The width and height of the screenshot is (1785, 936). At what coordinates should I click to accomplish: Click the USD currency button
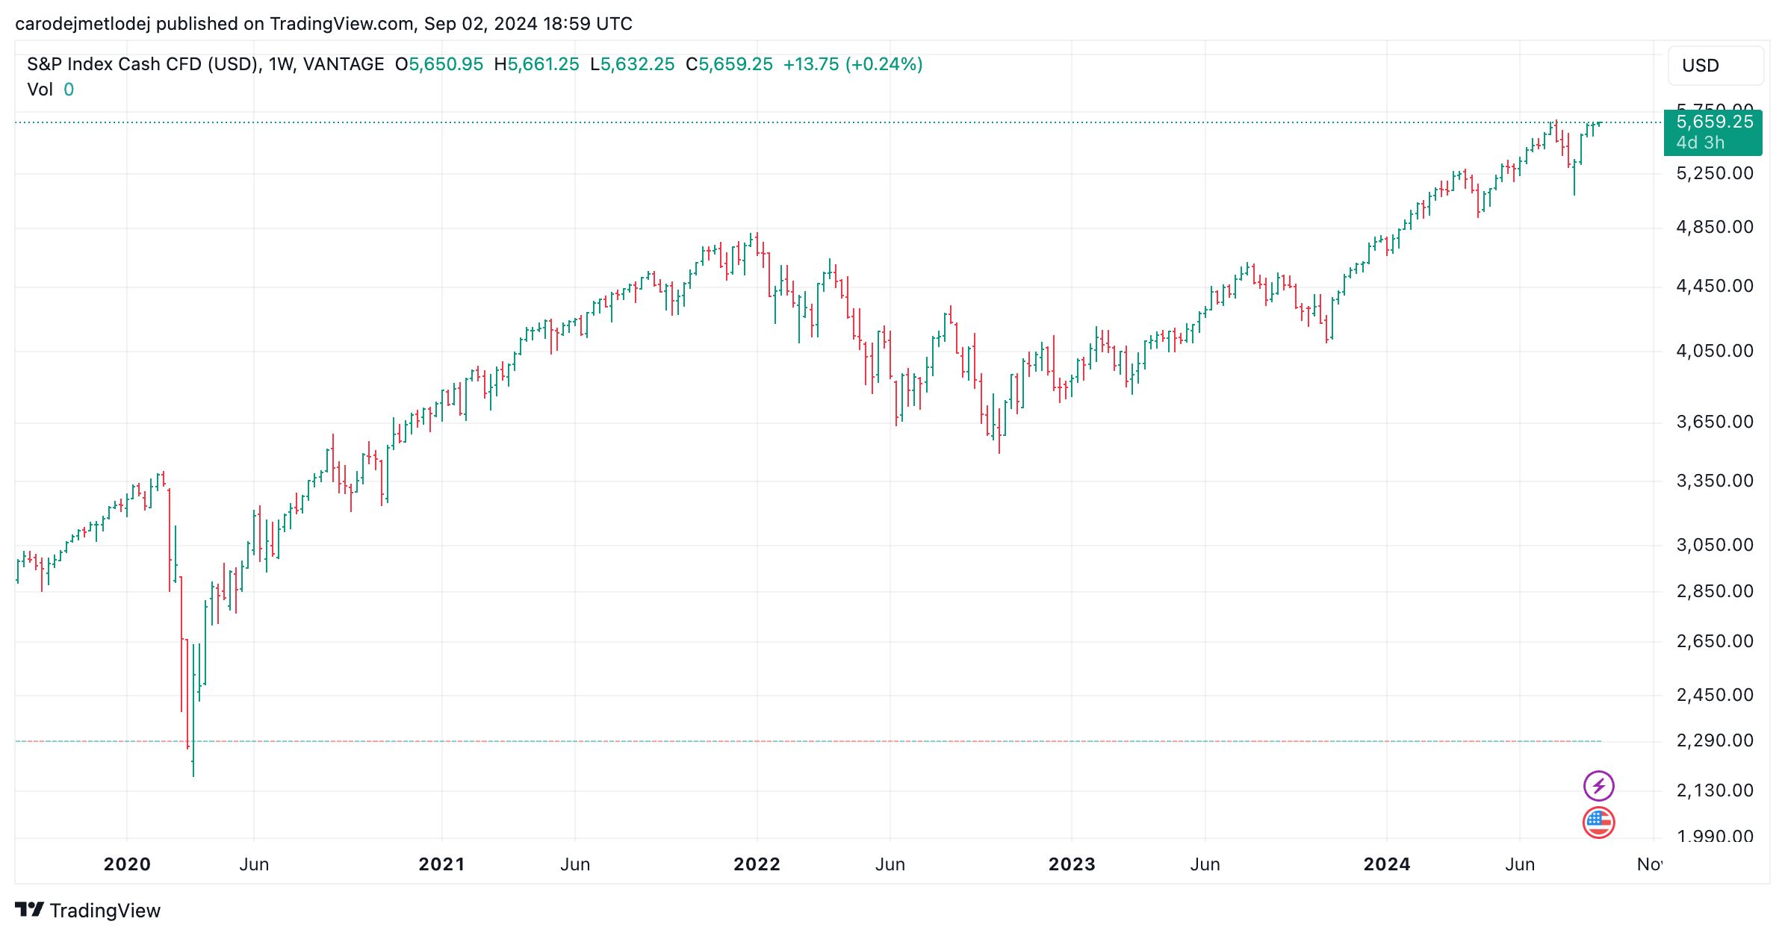click(x=1715, y=66)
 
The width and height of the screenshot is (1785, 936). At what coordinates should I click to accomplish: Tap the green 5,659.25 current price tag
click(x=1713, y=132)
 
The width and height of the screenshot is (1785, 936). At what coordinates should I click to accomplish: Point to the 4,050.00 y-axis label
click(x=1715, y=351)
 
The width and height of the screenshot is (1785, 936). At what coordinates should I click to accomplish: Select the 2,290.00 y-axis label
click(x=1715, y=740)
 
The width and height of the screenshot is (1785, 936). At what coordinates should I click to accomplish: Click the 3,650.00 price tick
click(x=1715, y=422)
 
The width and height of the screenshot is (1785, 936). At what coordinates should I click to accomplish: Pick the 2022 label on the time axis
click(x=757, y=864)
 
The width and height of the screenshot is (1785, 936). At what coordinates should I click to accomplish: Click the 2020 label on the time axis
click(x=127, y=864)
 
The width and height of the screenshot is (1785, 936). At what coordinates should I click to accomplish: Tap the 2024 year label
click(x=1386, y=864)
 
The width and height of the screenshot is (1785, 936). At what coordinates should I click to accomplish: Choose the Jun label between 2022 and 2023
click(x=890, y=864)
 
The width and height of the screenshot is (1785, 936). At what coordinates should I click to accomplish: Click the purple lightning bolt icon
click(x=1598, y=786)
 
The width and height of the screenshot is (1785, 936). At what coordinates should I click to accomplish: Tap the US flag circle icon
click(x=1598, y=823)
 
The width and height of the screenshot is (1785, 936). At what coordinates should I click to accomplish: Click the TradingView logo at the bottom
click(x=88, y=911)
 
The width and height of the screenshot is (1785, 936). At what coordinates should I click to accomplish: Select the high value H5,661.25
click(x=536, y=64)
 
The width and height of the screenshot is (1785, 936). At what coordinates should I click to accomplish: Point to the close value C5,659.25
click(x=729, y=64)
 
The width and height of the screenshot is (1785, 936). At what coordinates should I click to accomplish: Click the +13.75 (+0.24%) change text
click(x=852, y=64)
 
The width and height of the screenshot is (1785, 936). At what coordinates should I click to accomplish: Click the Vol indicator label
click(x=40, y=90)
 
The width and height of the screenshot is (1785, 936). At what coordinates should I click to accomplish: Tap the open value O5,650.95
click(x=439, y=64)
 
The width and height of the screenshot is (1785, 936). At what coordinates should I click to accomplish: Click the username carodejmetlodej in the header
click(x=82, y=24)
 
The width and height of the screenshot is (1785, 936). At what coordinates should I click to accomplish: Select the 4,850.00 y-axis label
click(x=1715, y=227)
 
